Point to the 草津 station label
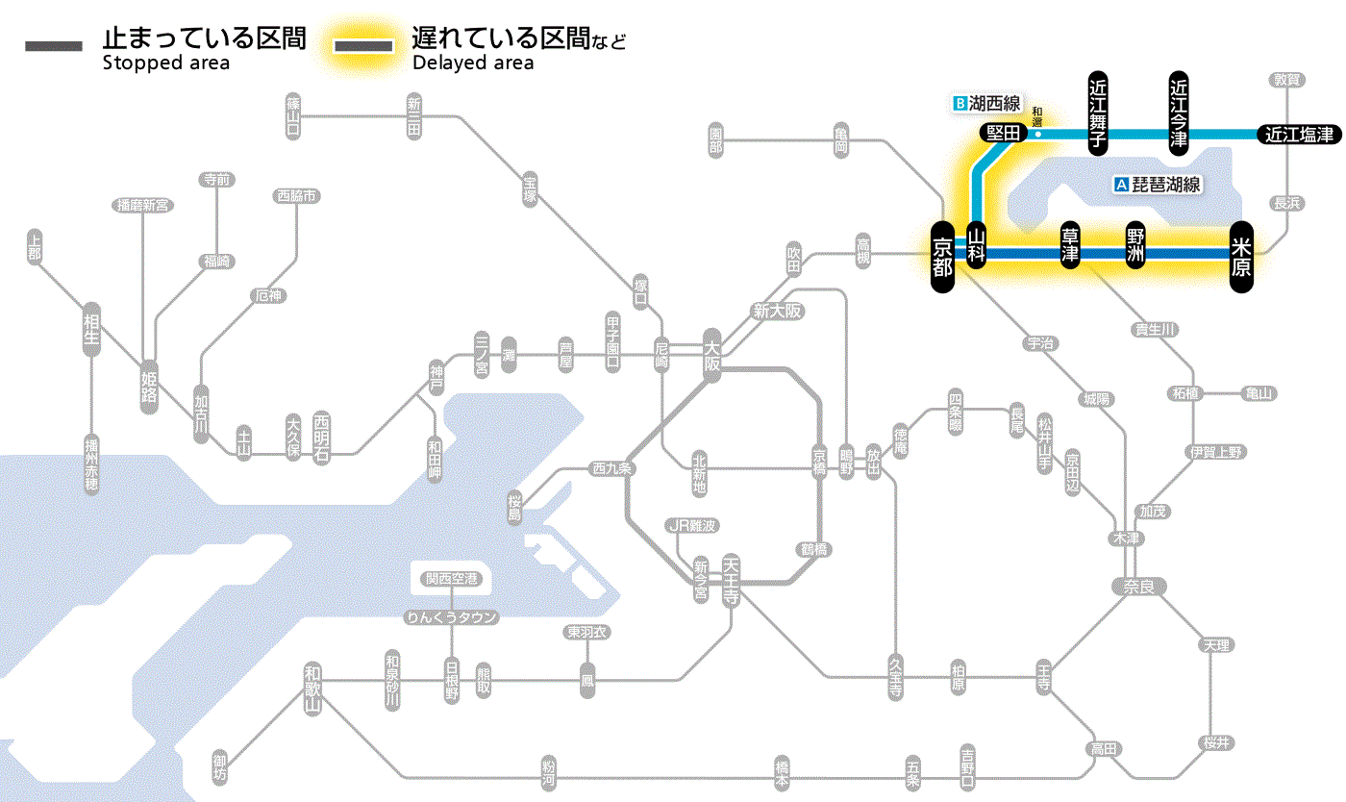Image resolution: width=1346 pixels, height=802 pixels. pyautogui.click(x=1070, y=246)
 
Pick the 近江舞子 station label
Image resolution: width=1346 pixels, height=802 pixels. pyautogui.click(x=1098, y=113)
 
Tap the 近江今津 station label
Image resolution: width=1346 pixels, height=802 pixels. pyautogui.click(x=1179, y=113)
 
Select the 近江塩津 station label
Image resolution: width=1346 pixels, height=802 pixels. pyautogui.click(x=1299, y=135)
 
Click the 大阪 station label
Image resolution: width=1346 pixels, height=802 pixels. pyautogui.click(x=711, y=355)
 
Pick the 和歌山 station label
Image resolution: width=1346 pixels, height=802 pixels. pyautogui.click(x=312, y=689)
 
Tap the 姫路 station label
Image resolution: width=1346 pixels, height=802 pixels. pyautogui.click(x=149, y=387)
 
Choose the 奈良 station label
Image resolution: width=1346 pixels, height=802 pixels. pyautogui.click(x=1138, y=585)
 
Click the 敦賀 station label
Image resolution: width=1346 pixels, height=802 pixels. pyautogui.click(x=1285, y=80)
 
